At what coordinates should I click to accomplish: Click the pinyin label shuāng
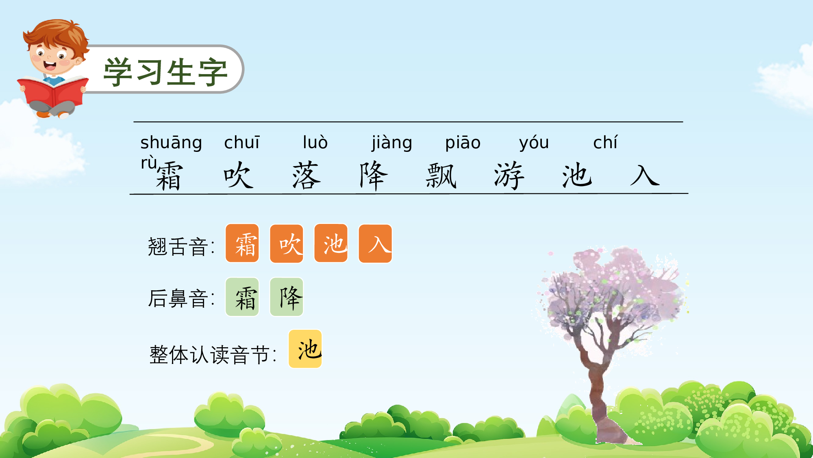point(171,143)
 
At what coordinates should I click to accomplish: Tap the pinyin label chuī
point(242,142)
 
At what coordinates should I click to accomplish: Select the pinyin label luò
point(315,142)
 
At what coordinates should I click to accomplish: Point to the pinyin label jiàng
point(392,143)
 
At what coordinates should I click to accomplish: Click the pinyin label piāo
point(463,143)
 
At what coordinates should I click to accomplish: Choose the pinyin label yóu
point(534,143)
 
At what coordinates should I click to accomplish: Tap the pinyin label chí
point(605,142)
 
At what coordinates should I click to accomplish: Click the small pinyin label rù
point(149,163)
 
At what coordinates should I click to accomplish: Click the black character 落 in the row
point(307,175)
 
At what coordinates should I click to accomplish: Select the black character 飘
point(441,175)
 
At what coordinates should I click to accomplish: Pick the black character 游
point(509,175)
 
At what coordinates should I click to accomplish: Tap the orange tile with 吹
point(287,243)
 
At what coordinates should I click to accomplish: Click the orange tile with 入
point(375,243)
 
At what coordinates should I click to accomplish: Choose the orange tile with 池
point(331,243)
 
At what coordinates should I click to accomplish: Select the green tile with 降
point(287,297)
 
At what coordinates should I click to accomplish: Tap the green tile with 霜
point(242,297)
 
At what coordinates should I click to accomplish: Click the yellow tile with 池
point(305,349)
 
